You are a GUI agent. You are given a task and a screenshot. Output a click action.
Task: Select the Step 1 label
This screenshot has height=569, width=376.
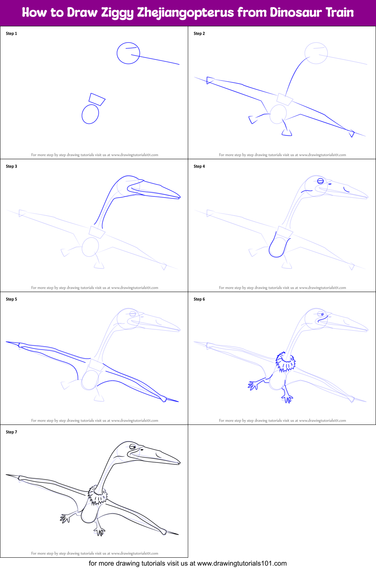point(11,33)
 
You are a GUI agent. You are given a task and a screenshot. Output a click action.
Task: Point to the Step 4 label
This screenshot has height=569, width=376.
point(199,166)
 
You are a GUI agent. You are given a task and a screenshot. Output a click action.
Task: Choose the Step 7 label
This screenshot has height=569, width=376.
point(11,432)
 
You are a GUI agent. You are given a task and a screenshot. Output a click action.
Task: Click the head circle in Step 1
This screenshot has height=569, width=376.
point(128,53)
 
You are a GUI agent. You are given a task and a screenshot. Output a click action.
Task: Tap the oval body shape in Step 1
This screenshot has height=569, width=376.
point(90,114)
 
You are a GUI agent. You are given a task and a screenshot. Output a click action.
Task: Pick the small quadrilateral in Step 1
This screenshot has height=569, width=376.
point(97,99)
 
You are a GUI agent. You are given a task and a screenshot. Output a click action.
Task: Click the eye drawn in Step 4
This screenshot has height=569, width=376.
point(320,181)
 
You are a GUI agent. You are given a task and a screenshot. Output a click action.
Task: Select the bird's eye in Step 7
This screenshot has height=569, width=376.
point(132,447)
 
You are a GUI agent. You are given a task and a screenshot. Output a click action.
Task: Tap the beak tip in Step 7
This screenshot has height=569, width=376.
point(180,463)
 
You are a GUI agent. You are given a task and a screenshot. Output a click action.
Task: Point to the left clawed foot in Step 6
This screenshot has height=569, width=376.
point(253,385)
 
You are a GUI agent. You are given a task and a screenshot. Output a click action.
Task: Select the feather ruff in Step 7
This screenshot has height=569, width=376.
point(97,496)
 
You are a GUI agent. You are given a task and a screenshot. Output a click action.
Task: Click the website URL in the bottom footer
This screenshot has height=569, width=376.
point(242,563)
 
